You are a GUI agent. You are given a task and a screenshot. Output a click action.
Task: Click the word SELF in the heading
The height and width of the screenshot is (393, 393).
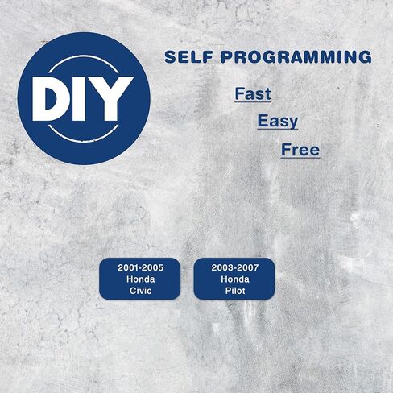(188, 57)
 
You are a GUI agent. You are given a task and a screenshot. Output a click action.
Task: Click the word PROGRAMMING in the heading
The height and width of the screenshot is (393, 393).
(296, 57)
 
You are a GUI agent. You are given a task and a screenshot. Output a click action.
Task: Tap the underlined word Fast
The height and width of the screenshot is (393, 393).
(253, 93)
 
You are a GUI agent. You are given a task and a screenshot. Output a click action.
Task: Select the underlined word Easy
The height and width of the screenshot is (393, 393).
(278, 121)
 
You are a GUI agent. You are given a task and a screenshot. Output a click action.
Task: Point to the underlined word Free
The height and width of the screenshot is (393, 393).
(300, 150)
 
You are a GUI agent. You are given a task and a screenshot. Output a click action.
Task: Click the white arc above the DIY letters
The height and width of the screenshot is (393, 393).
(84, 56)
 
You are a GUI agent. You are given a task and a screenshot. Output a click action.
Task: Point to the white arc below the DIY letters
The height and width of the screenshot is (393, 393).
(84, 141)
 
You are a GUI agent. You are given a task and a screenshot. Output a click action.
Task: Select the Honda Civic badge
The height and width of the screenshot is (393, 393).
(140, 279)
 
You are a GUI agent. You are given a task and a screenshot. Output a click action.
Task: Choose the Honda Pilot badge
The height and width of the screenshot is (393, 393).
(234, 279)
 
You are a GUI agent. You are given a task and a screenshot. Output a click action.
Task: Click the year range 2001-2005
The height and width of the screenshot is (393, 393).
(140, 267)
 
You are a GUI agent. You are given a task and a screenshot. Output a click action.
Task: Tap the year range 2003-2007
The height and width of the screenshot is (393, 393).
(235, 267)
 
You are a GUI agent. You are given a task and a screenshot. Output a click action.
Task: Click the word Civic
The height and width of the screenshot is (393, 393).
(140, 291)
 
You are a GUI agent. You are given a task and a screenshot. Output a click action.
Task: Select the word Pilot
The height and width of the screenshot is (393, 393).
(235, 291)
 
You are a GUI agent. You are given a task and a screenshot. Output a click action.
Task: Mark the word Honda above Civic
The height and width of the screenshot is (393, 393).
(140, 279)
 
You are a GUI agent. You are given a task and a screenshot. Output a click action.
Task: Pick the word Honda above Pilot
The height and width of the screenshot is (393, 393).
(235, 279)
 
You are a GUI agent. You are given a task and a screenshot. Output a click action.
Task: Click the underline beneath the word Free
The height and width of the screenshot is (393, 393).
(300, 158)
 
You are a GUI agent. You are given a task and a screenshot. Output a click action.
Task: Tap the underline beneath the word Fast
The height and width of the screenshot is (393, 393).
(253, 101)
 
